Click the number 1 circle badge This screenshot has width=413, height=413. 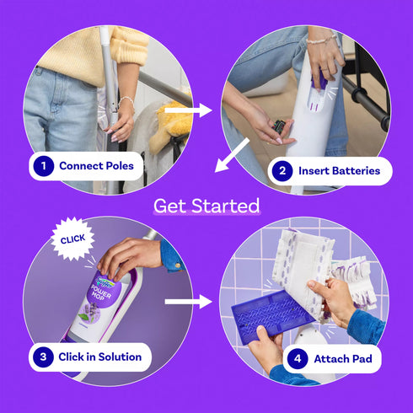(44, 166)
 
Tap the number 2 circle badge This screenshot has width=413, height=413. (282, 171)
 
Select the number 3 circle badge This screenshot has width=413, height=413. (43, 357)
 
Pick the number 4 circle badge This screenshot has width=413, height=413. (298, 359)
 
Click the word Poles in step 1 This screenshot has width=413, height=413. (119, 166)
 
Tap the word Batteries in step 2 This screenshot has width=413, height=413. (356, 171)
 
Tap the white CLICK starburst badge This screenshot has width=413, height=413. (72, 239)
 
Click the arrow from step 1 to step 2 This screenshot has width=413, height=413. (188, 110)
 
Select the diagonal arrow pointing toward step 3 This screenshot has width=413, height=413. (232, 155)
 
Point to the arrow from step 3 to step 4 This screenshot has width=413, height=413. (188, 302)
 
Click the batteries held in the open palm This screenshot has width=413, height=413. (278, 126)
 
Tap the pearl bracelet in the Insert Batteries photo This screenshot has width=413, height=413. (321, 39)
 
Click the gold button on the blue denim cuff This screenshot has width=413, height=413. (177, 265)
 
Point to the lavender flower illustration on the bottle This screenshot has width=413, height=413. (91, 312)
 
